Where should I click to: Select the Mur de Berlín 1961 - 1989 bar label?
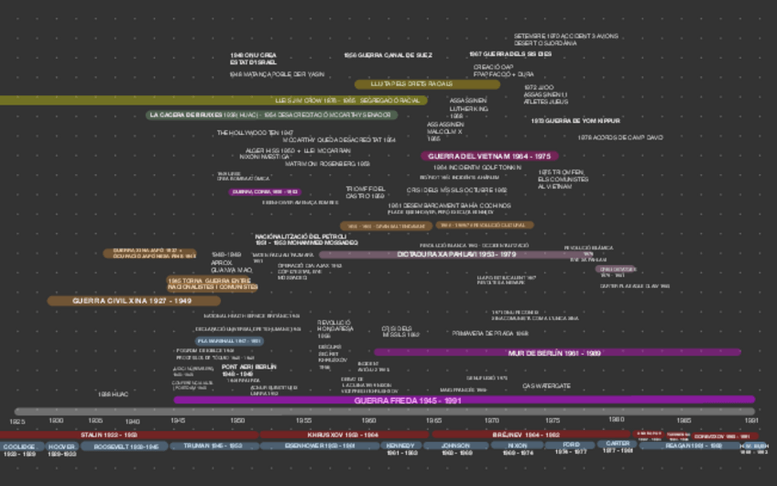click(x=554, y=352)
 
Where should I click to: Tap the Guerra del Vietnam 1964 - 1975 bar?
click(x=489, y=157)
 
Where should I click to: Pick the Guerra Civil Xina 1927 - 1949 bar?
click(x=133, y=301)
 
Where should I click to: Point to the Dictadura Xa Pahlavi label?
click(x=456, y=255)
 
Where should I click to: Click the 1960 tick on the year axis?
click(x=368, y=421)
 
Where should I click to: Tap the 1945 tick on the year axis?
click(x=178, y=421)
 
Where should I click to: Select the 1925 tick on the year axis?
click(x=17, y=421)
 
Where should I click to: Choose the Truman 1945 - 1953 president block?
click(x=213, y=447)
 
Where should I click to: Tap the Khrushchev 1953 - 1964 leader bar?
click(x=343, y=435)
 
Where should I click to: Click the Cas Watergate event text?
click(x=546, y=386)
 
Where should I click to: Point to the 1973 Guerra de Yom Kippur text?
click(x=575, y=121)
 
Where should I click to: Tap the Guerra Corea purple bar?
click(x=265, y=193)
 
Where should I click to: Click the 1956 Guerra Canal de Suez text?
click(x=388, y=55)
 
